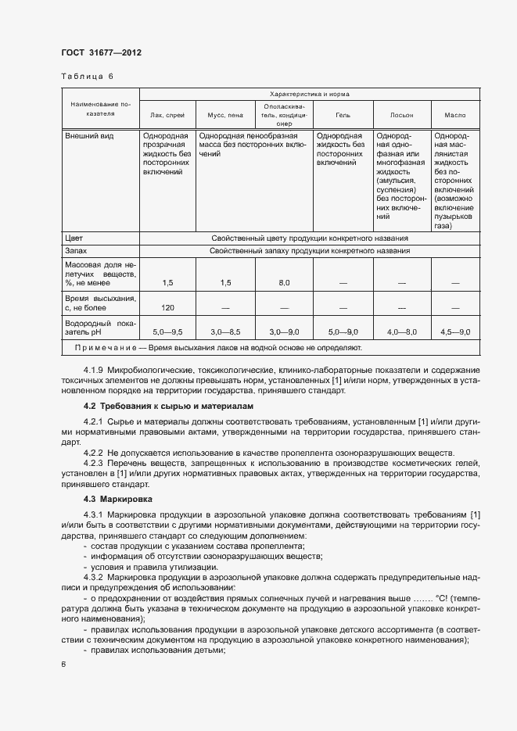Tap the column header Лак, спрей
pyautogui.click(x=167, y=115)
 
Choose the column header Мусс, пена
pyautogui.click(x=224, y=115)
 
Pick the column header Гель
pyautogui.click(x=343, y=115)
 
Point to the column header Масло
pyautogui.click(x=455, y=115)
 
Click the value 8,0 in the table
pyautogui.click(x=283, y=282)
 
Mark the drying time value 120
pyautogui.click(x=167, y=307)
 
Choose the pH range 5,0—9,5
pyautogui.click(x=167, y=332)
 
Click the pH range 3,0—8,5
pyautogui.click(x=224, y=332)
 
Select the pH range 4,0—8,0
pyautogui.click(x=401, y=332)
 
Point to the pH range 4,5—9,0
pyautogui.click(x=455, y=332)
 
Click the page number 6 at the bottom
pyautogui.click(x=63, y=664)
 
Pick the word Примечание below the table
pyautogui.click(x=106, y=347)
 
